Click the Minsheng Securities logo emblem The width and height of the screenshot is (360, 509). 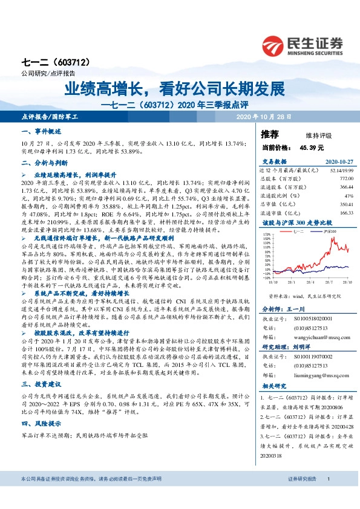click(279, 44)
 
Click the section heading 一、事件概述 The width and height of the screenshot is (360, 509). click(41, 131)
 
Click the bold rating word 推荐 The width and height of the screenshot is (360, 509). click(270, 134)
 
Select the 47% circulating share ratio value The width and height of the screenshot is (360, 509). click(349, 196)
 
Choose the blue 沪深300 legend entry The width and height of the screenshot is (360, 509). click(329, 232)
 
